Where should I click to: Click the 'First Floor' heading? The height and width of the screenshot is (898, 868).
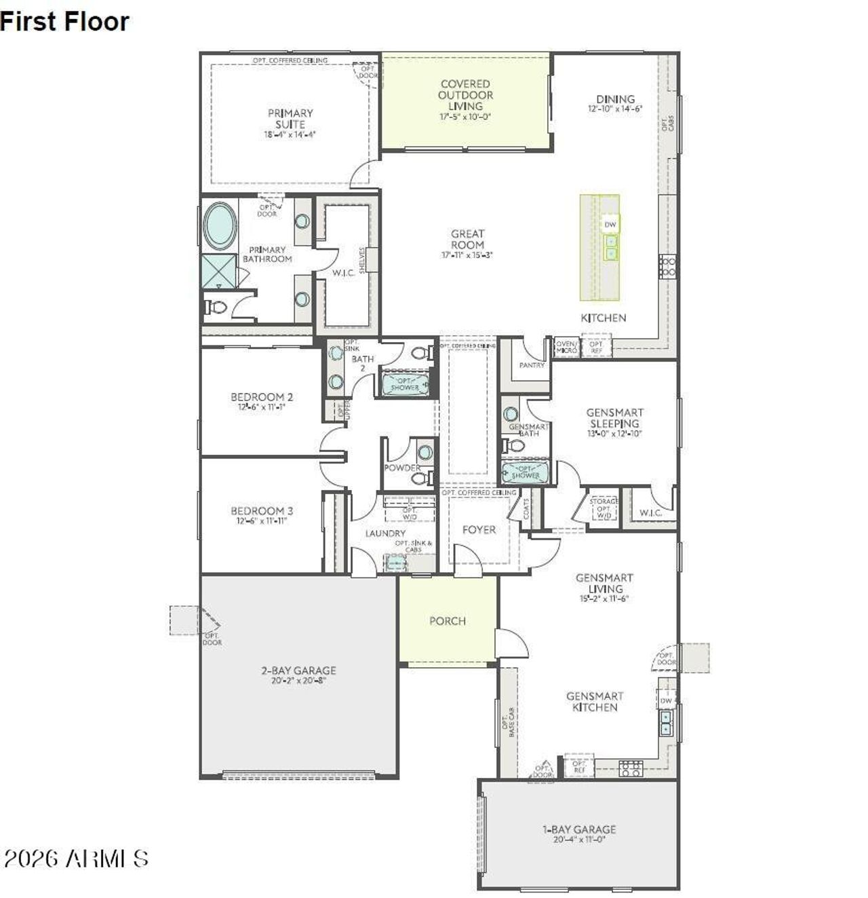64,22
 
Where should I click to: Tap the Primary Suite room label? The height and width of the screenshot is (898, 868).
290,119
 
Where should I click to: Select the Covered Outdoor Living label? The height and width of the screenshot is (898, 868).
465,95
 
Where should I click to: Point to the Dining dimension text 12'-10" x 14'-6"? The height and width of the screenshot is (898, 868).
615,109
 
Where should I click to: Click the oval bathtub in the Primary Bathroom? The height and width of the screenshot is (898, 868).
220,225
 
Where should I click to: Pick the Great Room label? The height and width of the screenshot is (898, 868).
467,239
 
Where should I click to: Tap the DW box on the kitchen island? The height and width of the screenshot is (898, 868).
610,225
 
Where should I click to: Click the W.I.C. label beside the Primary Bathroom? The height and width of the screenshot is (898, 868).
343,273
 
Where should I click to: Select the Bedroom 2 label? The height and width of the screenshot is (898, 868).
262,397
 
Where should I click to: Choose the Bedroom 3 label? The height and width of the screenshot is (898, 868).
262,511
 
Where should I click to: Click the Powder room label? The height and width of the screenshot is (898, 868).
402,468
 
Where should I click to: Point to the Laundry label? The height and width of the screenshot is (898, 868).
385,534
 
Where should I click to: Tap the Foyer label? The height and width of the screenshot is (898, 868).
479,529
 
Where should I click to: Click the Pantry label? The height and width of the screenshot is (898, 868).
532,365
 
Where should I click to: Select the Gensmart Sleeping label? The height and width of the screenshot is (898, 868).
614,417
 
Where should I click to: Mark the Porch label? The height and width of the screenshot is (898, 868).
448,621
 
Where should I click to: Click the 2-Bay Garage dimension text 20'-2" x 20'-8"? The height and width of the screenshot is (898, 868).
298,680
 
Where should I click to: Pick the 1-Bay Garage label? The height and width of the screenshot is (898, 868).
579,829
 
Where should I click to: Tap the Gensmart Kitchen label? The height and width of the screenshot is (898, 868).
595,702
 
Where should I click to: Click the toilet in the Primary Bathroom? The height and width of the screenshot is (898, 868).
216,307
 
